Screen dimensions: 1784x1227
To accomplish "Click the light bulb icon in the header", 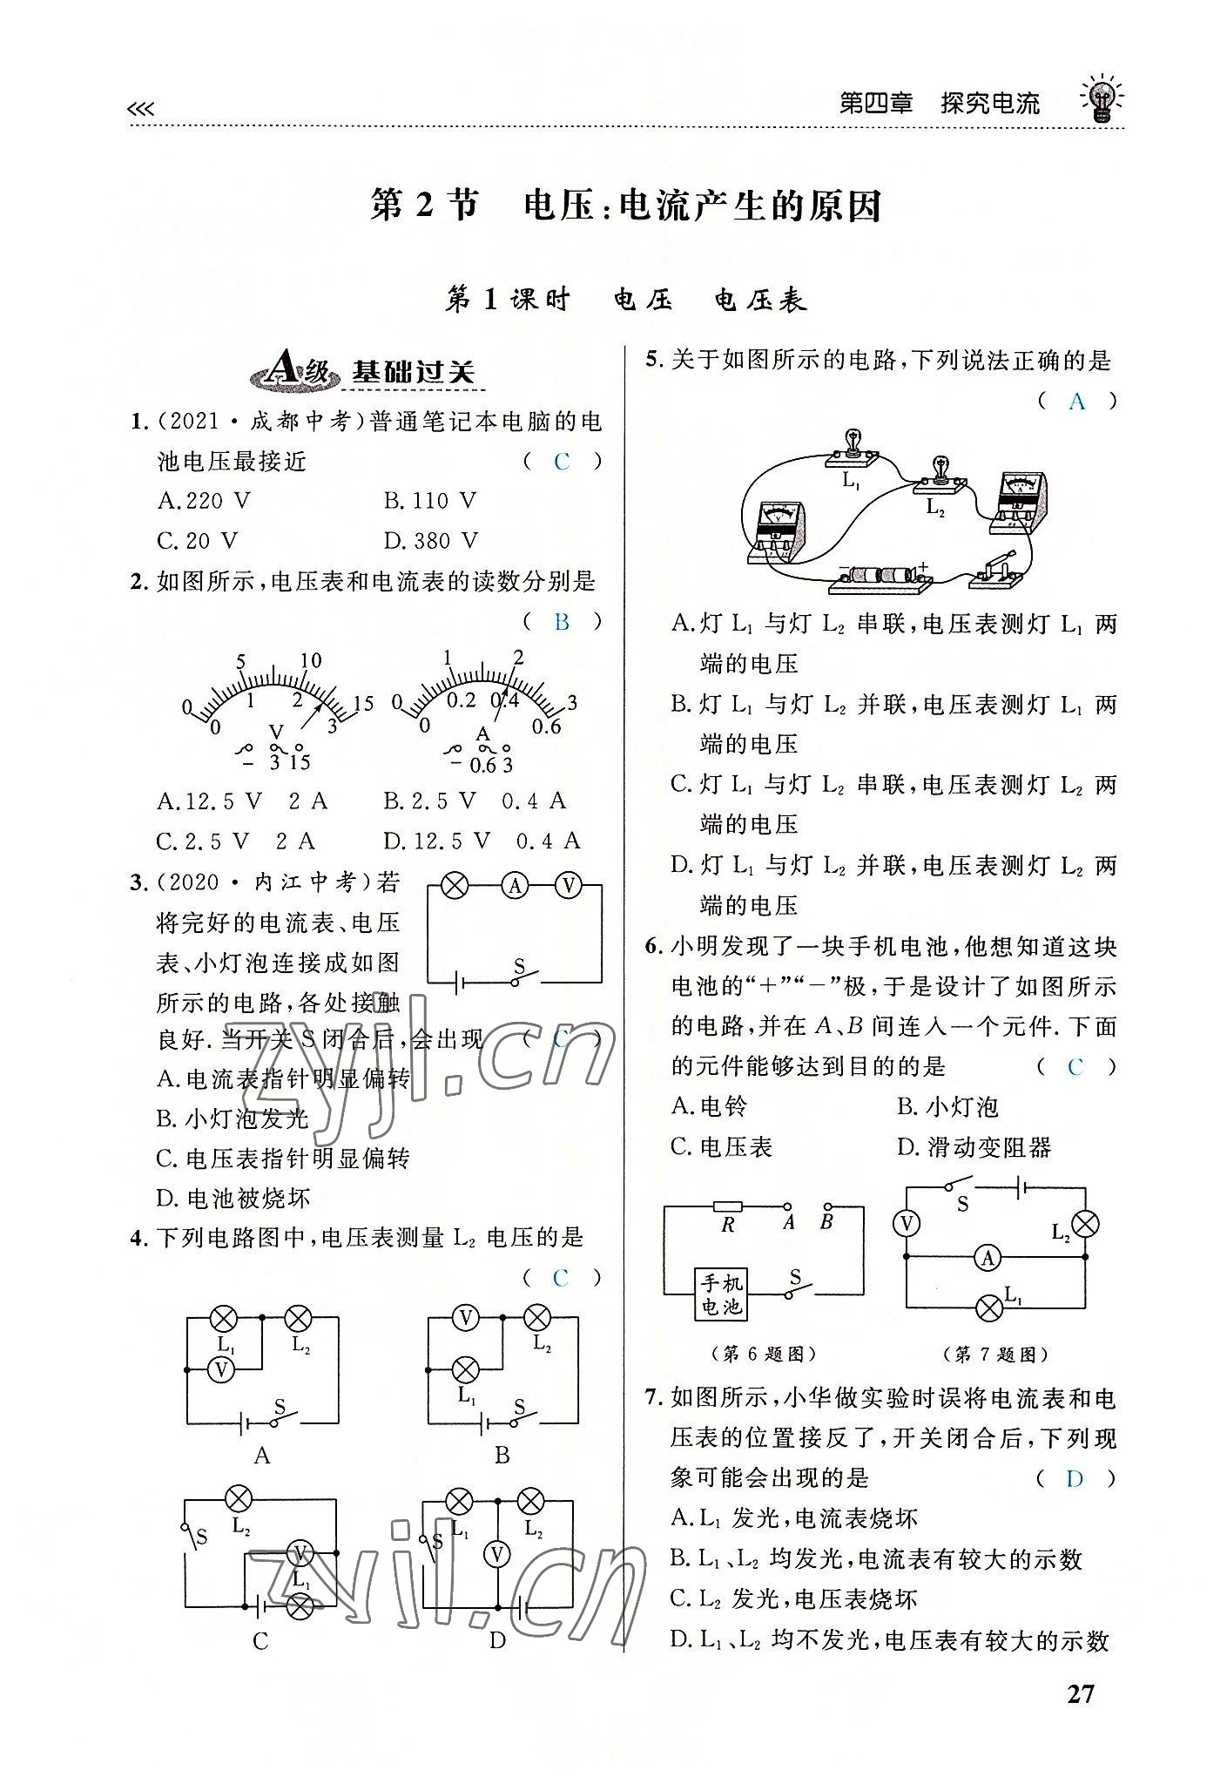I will [x=1101, y=98].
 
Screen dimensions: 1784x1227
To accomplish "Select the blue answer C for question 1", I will [x=562, y=462].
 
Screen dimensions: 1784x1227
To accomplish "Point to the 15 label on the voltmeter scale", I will [x=363, y=703].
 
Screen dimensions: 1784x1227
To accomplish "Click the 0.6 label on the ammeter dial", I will [x=547, y=726].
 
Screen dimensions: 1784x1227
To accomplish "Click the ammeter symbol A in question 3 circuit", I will [x=515, y=886].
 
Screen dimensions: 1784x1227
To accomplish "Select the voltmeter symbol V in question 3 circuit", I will [x=570, y=886].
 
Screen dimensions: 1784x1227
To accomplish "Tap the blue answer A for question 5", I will [x=1076, y=401].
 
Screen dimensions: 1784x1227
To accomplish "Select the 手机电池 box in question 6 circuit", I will [x=721, y=1294].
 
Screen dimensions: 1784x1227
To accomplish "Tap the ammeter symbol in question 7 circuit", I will [x=987, y=1257].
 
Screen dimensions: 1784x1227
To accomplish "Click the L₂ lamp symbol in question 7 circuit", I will [x=1084, y=1224].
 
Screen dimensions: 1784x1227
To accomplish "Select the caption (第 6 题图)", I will [x=763, y=1354].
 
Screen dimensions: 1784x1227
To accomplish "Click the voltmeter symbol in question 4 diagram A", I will [x=221, y=1370].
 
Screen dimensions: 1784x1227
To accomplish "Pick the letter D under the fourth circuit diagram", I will [x=497, y=1641].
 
